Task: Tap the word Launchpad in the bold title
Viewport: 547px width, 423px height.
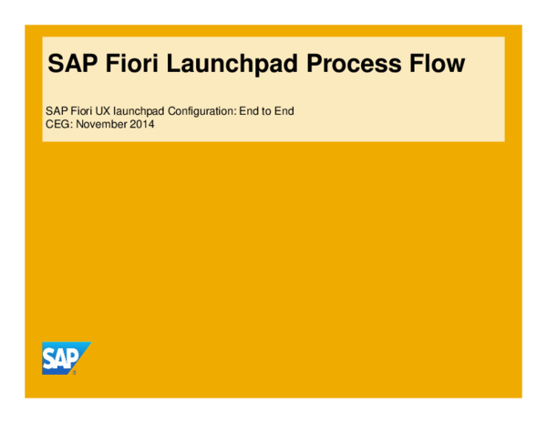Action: tap(224, 64)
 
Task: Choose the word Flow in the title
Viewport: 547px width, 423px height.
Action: tap(435, 64)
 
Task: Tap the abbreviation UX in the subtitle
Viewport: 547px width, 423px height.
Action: tap(106, 111)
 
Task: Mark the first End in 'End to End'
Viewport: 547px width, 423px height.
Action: tap(250, 111)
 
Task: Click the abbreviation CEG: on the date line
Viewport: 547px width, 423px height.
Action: tap(58, 124)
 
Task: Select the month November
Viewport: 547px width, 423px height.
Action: tap(102, 124)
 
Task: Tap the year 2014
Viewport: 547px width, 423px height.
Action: tap(142, 124)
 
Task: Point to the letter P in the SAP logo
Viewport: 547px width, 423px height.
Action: tap(75, 356)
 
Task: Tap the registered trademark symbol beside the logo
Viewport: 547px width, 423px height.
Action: tap(74, 372)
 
